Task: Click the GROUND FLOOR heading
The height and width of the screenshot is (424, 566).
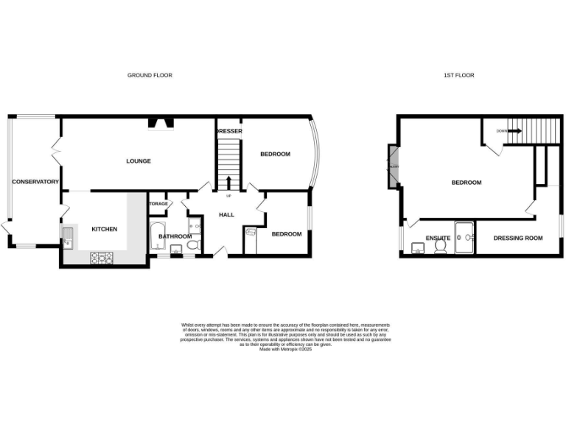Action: [x=150, y=75]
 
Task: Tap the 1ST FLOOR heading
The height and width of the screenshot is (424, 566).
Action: [x=459, y=75]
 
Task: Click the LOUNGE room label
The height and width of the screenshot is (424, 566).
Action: [x=139, y=161]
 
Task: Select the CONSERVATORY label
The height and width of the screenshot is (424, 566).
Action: [x=35, y=181]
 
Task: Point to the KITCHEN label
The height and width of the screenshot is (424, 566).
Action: [x=104, y=230]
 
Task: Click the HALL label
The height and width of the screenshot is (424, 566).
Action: [x=226, y=214]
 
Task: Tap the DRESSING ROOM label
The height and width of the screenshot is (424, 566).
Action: [x=517, y=239]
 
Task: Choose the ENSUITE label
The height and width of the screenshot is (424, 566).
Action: [x=438, y=239]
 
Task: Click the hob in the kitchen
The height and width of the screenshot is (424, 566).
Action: [x=101, y=258]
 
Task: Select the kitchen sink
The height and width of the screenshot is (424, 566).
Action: [x=68, y=236]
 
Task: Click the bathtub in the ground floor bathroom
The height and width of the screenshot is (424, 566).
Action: [x=156, y=236]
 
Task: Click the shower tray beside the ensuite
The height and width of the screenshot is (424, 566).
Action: [x=464, y=237]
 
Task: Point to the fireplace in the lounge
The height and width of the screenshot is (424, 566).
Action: [x=159, y=123]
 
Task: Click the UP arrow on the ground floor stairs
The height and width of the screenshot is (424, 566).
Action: [x=228, y=183]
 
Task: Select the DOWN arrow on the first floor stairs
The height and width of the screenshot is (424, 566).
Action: [x=515, y=131]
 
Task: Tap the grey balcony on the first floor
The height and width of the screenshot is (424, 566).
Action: [x=393, y=166]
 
